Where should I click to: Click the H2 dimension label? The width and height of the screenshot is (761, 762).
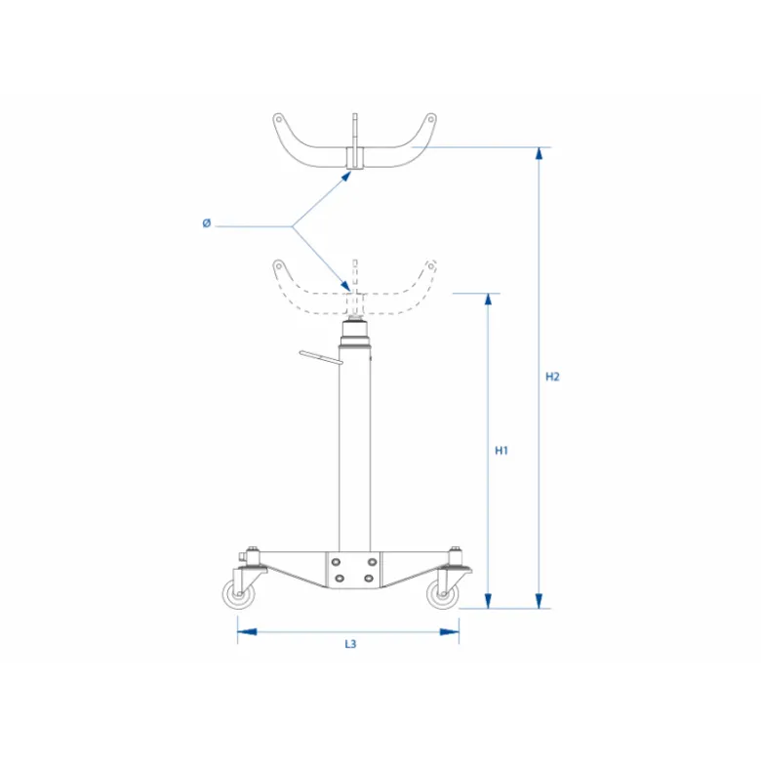coord(552,377)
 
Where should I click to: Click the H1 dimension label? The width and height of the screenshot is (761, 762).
coord(501,451)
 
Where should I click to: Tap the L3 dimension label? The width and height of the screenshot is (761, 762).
coord(350,644)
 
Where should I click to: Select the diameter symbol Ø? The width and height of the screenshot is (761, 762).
coord(207,223)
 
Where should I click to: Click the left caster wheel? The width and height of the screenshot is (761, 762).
coord(238,594)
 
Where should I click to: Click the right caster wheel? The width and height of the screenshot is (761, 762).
coord(443,594)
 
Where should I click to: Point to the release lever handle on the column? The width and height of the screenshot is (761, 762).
coord(321,357)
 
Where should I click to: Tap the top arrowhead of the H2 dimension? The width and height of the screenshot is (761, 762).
coord(539,153)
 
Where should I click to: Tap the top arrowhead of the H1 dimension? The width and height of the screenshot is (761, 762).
coord(489,300)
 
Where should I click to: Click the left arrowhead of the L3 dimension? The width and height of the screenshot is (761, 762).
coord(247,632)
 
